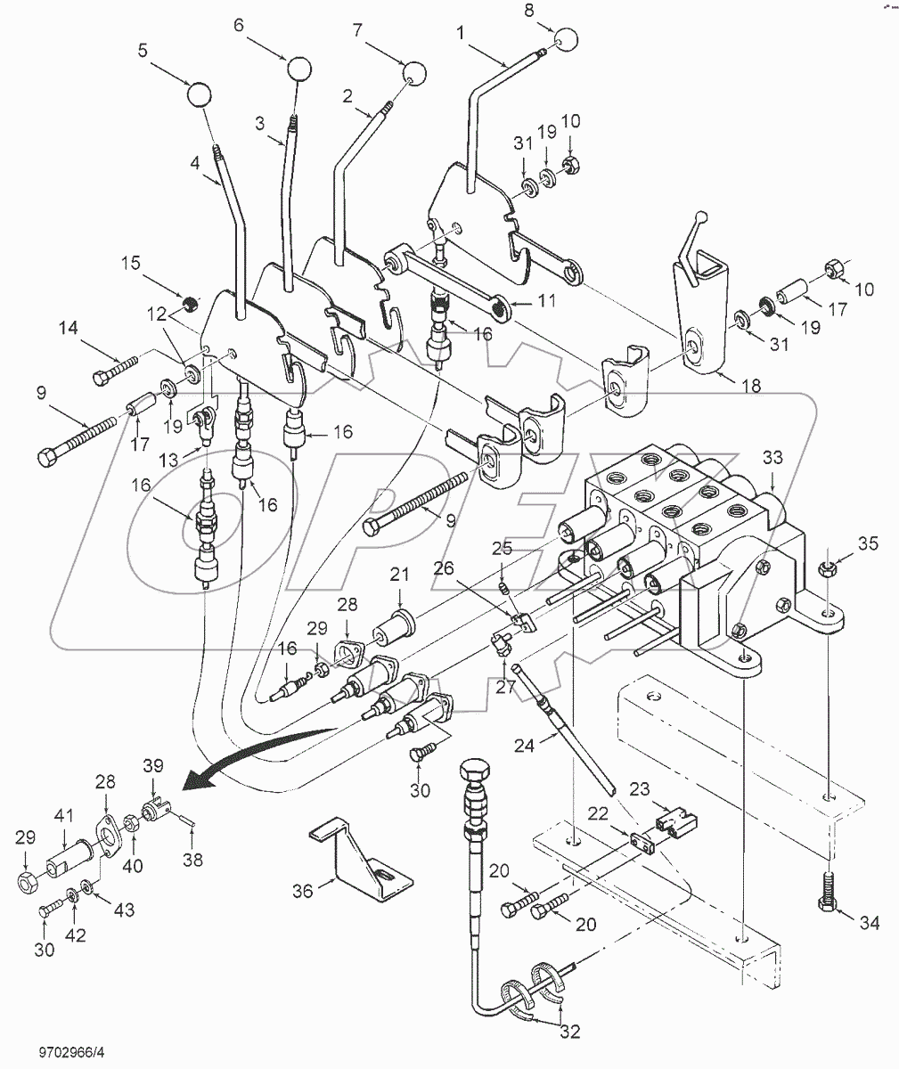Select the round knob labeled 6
click(x=299, y=69)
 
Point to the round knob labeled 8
click(x=565, y=41)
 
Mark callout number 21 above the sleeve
click(x=397, y=574)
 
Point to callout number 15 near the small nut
click(x=132, y=265)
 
